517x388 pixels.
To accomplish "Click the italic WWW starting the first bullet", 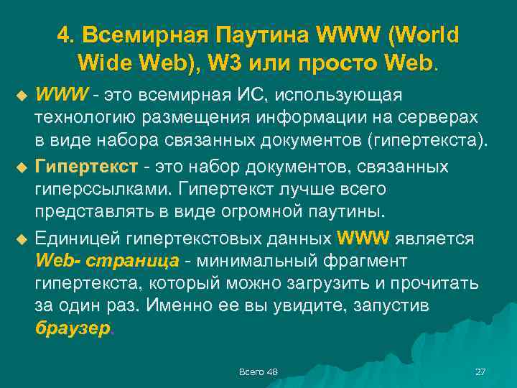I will (62, 96).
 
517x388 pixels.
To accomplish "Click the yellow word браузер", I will (73, 328).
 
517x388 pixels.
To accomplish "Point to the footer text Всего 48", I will (258, 371).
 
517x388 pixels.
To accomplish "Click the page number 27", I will (480, 371).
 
